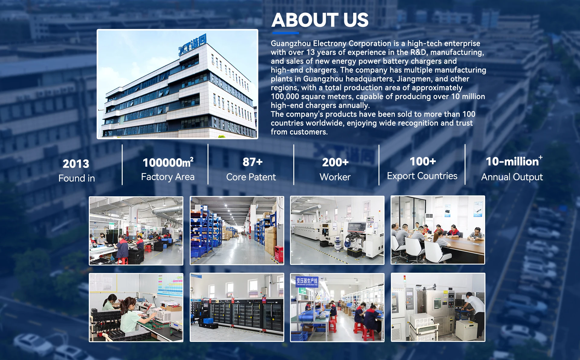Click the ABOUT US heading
pos(320,20)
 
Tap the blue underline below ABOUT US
pos(285,33)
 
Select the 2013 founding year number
pos(76,164)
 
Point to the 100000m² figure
pos(168,162)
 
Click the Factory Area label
pos(168,177)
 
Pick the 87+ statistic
pos(253,162)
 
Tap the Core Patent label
pos(251,177)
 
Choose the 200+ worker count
pos(335,162)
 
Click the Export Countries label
pos(422,176)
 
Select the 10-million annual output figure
pos(514,161)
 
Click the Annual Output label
pos(512,177)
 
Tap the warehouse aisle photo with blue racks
pos(237,231)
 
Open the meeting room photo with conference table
pos(438,230)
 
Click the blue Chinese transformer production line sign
pos(307,281)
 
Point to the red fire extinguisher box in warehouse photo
pos(279,254)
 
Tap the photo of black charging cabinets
pos(237,307)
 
